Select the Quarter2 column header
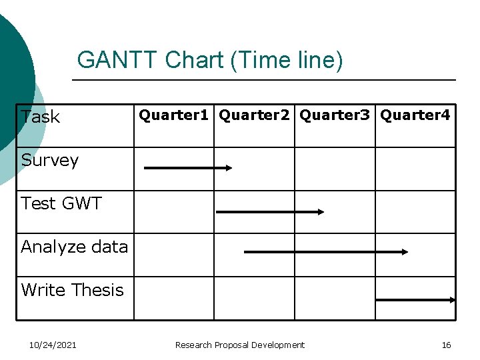[x=255, y=115]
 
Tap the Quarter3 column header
[x=335, y=115]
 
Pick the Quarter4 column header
[x=415, y=115]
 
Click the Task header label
[x=41, y=117]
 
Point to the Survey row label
[x=50, y=160]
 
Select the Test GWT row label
[x=61, y=203]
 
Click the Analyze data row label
[x=74, y=247]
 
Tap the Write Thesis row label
[x=72, y=290]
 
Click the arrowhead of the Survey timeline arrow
[x=228, y=168]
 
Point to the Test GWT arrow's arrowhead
[x=320, y=211]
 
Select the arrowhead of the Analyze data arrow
[x=404, y=252]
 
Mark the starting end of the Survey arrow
[x=146, y=168]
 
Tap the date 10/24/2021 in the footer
[x=53, y=345]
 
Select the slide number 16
[x=446, y=345]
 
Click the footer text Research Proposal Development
[x=239, y=345]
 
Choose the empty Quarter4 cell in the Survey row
[x=415, y=169]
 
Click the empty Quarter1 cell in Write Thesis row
[x=174, y=299]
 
